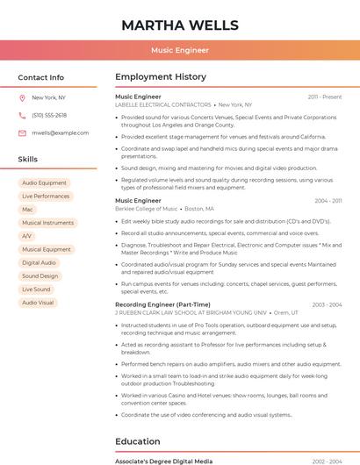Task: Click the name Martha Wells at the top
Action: click(x=180, y=25)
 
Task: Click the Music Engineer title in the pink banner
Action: click(x=180, y=50)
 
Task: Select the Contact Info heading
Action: click(x=40, y=77)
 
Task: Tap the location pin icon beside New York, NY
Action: click(x=22, y=97)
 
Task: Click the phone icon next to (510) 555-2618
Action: click(x=22, y=115)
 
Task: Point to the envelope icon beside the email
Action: click(x=22, y=133)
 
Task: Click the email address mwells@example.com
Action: click(x=60, y=133)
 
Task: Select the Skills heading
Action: click(x=27, y=159)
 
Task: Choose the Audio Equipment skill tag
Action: click(x=44, y=183)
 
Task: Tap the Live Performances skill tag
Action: click(x=46, y=197)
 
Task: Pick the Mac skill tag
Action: click(x=27, y=210)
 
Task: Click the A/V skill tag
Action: click(x=27, y=236)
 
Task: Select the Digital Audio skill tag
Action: click(x=39, y=262)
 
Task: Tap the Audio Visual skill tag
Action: click(x=38, y=303)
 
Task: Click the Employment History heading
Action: click(x=161, y=77)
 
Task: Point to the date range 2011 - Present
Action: click(x=325, y=97)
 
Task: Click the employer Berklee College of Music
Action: click(x=146, y=209)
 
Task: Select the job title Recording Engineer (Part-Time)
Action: click(x=162, y=304)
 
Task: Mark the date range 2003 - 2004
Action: click(x=327, y=304)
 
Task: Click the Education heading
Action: click(x=138, y=441)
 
